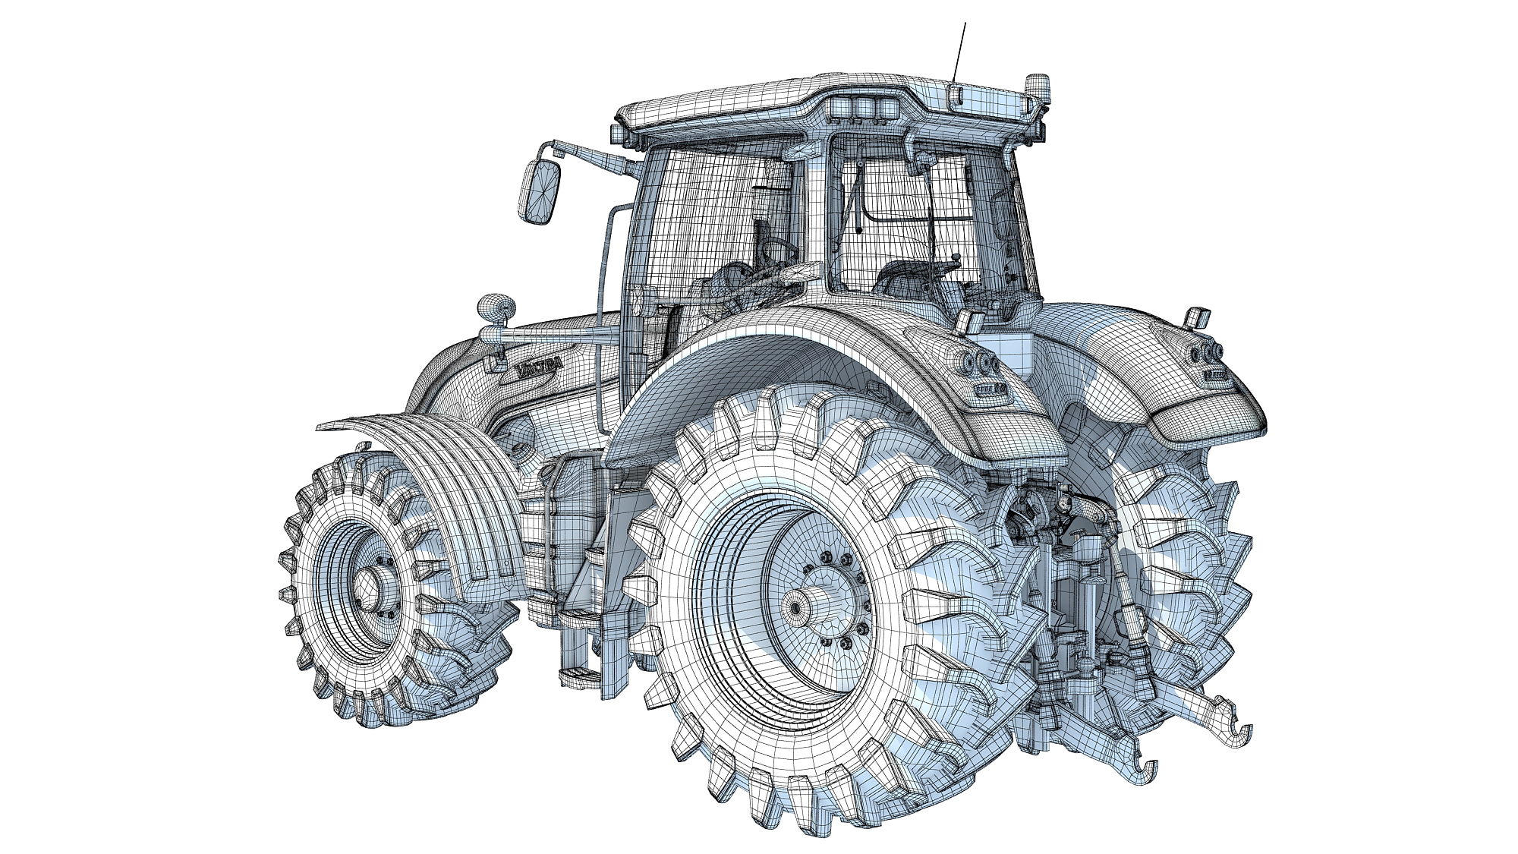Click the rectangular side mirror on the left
(541, 192)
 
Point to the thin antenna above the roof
(961, 46)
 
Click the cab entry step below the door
(577, 672)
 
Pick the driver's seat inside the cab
(903, 277)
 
